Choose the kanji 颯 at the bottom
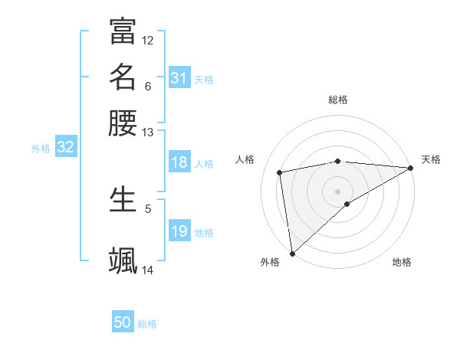(123, 260)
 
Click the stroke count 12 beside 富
(148, 40)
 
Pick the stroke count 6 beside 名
(148, 86)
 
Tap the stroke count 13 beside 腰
(148, 133)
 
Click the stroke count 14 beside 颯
(148, 270)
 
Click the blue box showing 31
(179, 78)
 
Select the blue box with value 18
(179, 162)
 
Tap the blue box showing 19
(179, 232)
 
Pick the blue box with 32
(65, 148)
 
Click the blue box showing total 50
(123, 322)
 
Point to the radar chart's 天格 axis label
(431, 159)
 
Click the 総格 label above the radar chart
(338, 100)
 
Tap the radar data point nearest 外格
(292, 253)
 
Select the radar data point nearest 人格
(281, 172)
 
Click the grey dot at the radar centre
(338, 191)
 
